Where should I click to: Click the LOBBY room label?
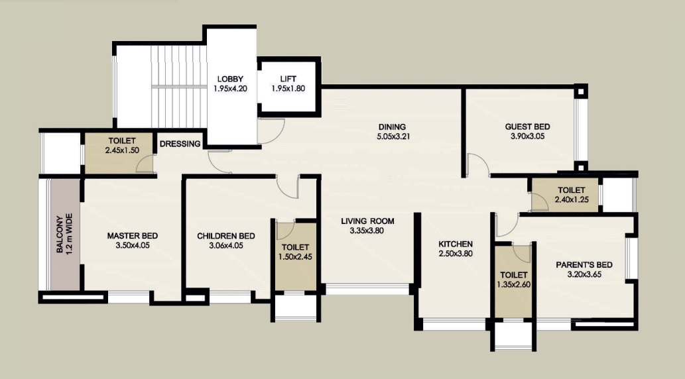[x=230, y=79]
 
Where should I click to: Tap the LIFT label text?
[x=288, y=79]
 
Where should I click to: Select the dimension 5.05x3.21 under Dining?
[x=393, y=136]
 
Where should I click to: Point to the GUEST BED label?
[x=527, y=127]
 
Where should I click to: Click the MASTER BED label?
[x=133, y=236]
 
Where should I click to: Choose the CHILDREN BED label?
[x=226, y=236]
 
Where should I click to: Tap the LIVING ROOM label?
[x=367, y=221]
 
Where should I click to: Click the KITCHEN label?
[x=456, y=244]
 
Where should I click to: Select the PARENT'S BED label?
[x=584, y=264]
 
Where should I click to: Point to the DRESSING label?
[x=180, y=144]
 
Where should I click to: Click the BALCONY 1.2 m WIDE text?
[x=65, y=234]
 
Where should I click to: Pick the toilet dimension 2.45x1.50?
[x=122, y=150]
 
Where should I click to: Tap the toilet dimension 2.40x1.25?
[x=572, y=199]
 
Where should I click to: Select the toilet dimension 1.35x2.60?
[x=514, y=285]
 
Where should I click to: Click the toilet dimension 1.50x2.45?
[x=295, y=256]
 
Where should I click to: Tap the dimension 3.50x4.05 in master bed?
[x=133, y=245]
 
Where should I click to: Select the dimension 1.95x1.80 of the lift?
[x=288, y=89]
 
